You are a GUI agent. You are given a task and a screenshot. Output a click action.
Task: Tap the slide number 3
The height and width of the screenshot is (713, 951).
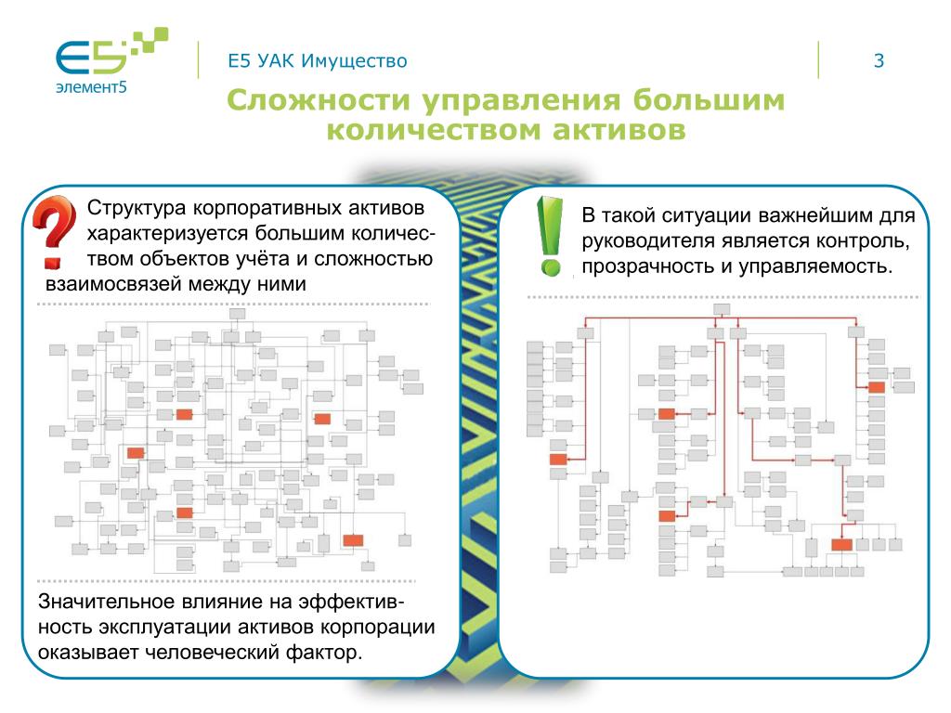[x=878, y=62]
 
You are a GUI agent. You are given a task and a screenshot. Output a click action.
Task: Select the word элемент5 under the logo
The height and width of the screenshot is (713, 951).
[x=85, y=88]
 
